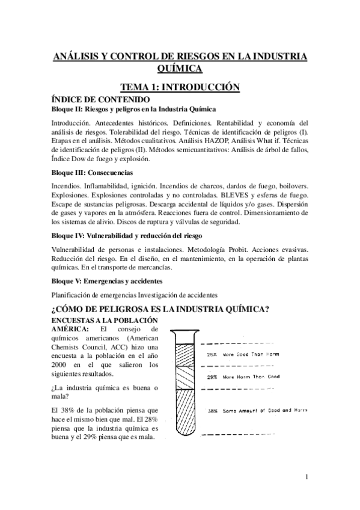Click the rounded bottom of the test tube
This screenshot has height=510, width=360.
[185, 438]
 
